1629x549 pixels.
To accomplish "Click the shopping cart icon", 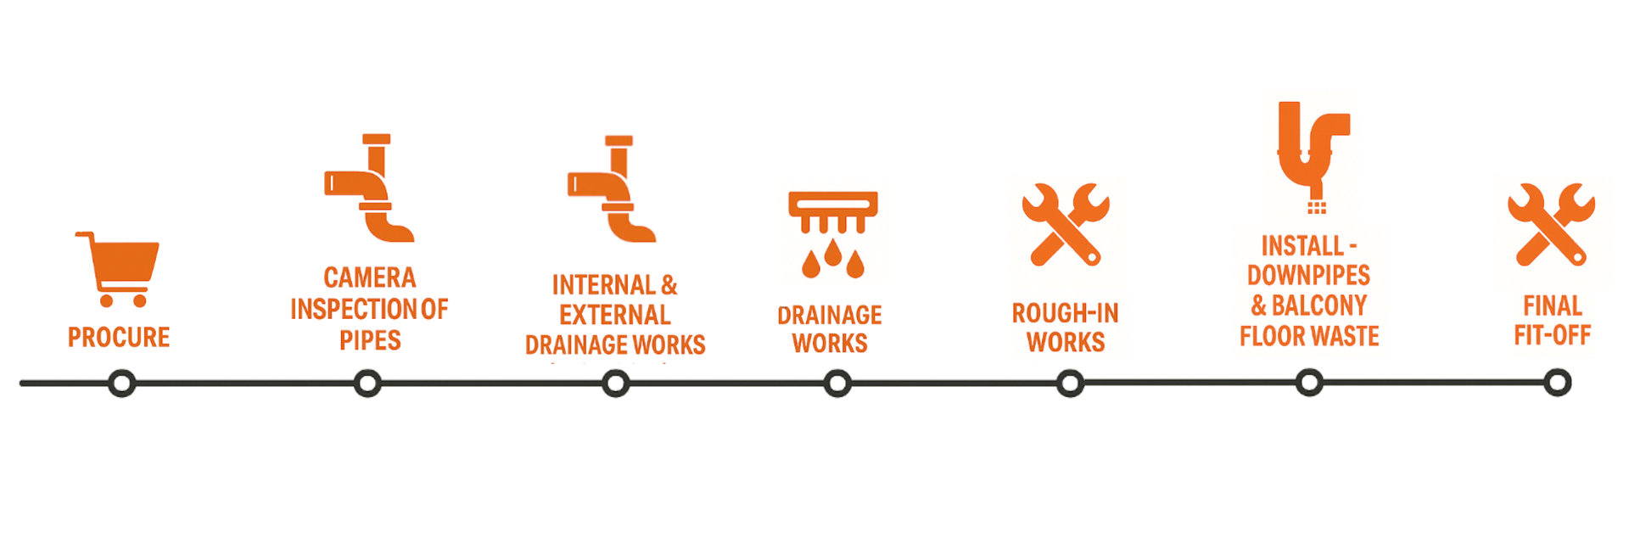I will tap(119, 268).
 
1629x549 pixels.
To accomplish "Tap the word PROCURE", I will tap(119, 337).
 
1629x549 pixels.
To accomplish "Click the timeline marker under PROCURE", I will tap(122, 384).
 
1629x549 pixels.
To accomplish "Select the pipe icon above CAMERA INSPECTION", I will tap(370, 188).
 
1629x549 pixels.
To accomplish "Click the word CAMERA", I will tap(370, 277).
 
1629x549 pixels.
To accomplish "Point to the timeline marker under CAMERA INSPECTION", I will tap(367, 384).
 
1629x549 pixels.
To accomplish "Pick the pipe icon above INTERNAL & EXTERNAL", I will tap(613, 189).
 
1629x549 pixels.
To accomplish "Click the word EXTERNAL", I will tap(615, 315).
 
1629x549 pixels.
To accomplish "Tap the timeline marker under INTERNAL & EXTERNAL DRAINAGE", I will tap(616, 384).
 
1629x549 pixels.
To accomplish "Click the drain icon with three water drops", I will tap(832, 233).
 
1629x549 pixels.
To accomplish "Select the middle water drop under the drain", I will tap(832, 252).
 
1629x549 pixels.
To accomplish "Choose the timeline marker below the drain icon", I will tap(837, 384).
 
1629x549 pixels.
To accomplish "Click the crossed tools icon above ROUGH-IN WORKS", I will tap(1066, 224).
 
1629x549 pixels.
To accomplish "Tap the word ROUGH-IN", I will tap(1065, 313).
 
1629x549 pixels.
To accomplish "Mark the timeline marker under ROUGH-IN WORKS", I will tap(1070, 384).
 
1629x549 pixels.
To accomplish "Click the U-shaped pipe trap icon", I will tap(1312, 153).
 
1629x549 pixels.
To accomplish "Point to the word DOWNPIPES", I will tap(1308, 275).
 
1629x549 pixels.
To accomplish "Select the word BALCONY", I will tap(1319, 305).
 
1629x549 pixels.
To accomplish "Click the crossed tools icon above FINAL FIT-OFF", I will tap(1551, 224).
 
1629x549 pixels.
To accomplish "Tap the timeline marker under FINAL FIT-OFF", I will tap(1557, 384).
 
